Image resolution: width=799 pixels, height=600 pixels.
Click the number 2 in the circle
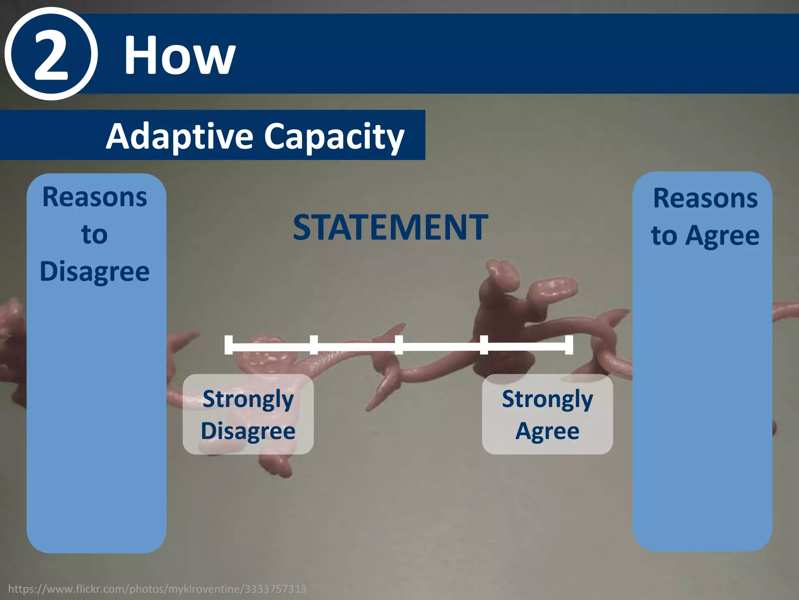click(51, 55)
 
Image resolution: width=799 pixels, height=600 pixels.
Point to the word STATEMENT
click(390, 227)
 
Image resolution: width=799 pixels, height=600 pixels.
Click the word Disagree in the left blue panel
click(95, 271)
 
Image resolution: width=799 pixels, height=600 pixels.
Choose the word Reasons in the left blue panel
click(95, 197)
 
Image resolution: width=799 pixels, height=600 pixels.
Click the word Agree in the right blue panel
click(722, 236)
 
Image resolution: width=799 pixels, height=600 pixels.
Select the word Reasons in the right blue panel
click(705, 198)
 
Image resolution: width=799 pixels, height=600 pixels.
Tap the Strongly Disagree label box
click(248, 414)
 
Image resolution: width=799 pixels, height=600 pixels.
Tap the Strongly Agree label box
click(547, 414)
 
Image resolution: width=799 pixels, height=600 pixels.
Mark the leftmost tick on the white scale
click(229, 345)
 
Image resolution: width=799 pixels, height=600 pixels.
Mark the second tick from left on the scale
click(314, 345)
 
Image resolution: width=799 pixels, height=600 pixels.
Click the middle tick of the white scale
click(399, 345)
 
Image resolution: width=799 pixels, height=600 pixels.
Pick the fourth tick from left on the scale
click(484, 345)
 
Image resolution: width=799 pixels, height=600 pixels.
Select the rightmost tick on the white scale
click(569, 345)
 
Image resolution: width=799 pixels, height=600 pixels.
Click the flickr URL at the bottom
click(157, 589)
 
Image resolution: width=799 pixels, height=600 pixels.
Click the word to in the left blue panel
click(95, 234)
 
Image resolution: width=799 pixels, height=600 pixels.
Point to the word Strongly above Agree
click(547, 399)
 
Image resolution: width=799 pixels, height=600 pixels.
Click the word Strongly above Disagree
click(248, 399)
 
